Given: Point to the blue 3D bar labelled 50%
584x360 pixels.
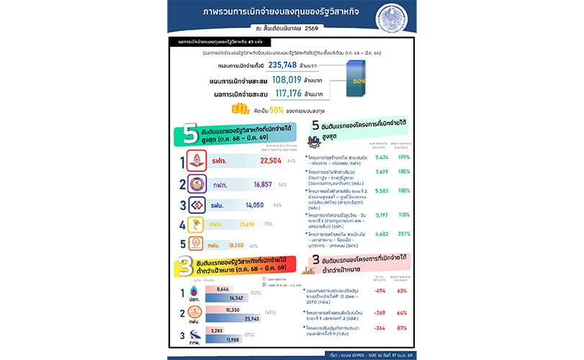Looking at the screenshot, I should (358, 78).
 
